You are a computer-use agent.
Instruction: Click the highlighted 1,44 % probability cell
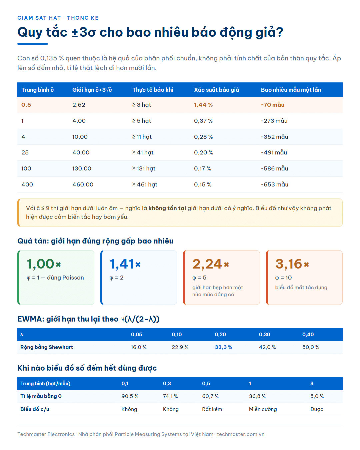pyautogui.click(x=203, y=105)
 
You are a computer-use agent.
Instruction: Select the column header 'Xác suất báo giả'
pyautogui.click(x=216, y=90)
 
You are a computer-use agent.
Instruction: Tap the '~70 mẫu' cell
pyautogui.click(x=273, y=105)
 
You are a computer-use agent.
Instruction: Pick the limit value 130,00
pyautogui.click(x=82, y=168)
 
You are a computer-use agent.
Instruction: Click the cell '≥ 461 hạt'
pyautogui.click(x=145, y=184)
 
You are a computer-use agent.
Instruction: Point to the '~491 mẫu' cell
pyautogui.click(x=274, y=152)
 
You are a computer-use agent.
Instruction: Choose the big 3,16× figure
pyautogui.click(x=292, y=264)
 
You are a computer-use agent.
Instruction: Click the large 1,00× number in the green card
pyautogui.click(x=44, y=264)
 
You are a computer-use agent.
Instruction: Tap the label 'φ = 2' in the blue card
pyautogui.click(x=116, y=278)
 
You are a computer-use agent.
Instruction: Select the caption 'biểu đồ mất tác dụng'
pyautogui.click(x=301, y=288)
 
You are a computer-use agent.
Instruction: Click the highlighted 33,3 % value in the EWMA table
pyautogui.click(x=223, y=347)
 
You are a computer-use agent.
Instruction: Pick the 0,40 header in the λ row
pyautogui.click(x=308, y=334)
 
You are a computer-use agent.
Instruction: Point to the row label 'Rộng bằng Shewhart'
pyautogui.click(x=47, y=347)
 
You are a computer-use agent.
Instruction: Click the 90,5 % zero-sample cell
pyautogui.click(x=130, y=396)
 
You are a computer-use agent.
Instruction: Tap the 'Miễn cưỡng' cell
pyautogui.click(x=263, y=409)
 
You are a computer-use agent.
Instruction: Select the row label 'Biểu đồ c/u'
pyautogui.click(x=35, y=409)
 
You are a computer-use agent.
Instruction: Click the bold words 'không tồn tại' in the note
pyautogui.click(x=167, y=208)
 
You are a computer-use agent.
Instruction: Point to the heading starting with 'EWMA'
pyautogui.click(x=88, y=319)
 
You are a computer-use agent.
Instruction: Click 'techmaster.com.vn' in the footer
pyautogui.click(x=241, y=434)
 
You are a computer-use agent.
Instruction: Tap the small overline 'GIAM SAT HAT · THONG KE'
pyautogui.click(x=58, y=18)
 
